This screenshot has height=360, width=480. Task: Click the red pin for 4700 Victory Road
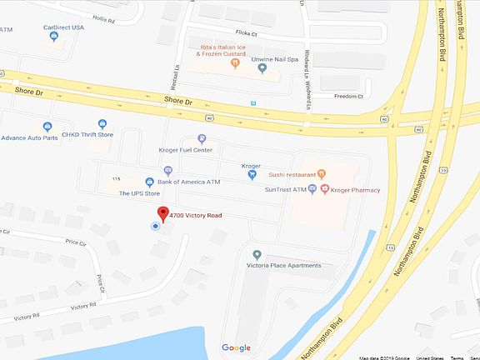[x=163, y=212]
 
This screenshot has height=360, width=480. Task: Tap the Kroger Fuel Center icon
[x=202, y=138]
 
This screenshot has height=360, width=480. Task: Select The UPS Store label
[x=139, y=193]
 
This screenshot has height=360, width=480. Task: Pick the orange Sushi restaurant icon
[x=322, y=174]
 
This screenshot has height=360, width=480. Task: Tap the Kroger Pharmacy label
[x=350, y=189]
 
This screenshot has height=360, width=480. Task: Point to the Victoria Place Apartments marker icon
[x=257, y=254]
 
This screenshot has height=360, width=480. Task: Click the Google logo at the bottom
[x=237, y=347]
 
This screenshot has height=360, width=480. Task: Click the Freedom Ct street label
[x=349, y=97]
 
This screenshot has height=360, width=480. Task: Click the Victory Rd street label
[x=84, y=306]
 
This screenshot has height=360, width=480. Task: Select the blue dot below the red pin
[x=154, y=226]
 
